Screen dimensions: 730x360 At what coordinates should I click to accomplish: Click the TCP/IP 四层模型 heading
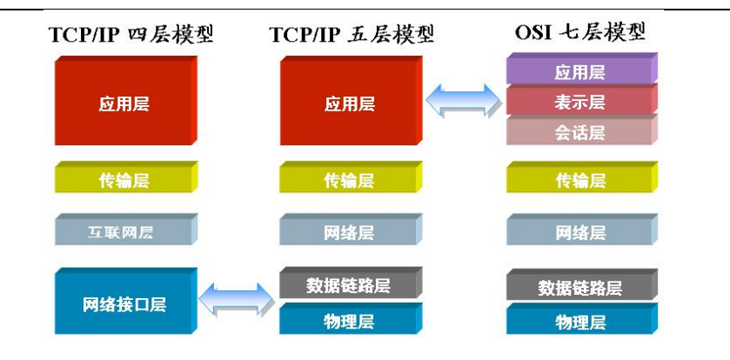pyautogui.click(x=131, y=36)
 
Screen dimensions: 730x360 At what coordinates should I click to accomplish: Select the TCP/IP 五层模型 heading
pyautogui.click(x=352, y=36)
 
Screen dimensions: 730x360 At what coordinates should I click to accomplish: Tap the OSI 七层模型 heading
pyautogui.click(x=580, y=34)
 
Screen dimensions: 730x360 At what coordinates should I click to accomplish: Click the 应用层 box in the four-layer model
pyautogui.click(x=124, y=103)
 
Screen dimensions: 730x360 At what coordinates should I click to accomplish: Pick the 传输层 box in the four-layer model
pyautogui.click(x=124, y=180)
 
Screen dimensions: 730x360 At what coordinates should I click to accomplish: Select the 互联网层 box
pyautogui.click(x=124, y=231)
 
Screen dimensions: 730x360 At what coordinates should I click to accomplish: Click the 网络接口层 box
pyautogui.click(x=124, y=303)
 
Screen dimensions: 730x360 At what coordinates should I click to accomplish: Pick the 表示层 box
pyautogui.click(x=579, y=102)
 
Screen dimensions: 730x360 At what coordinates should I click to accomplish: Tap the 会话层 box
pyautogui.click(x=579, y=132)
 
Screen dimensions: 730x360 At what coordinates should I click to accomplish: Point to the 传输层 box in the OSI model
pyautogui.click(x=579, y=180)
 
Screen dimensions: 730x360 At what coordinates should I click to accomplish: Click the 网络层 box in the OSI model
pyautogui.click(x=579, y=232)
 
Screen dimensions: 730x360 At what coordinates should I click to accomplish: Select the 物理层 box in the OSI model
pyautogui.click(x=579, y=323)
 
